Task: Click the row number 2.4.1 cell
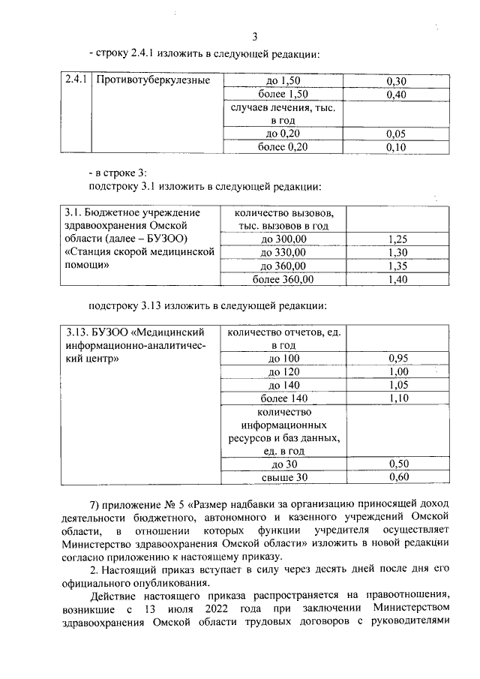pos(76,80)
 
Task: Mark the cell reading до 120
pos(283,371)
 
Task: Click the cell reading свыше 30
pos(283,477)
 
